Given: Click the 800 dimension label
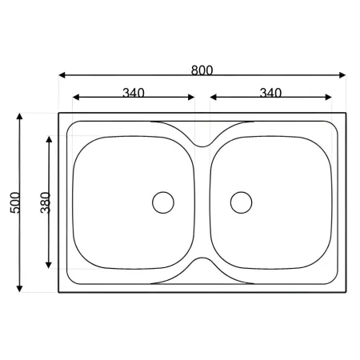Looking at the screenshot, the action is click(x=202, y=70).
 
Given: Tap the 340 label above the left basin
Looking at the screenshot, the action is click(x=134, y=93).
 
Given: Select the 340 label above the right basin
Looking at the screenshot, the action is click(x=270, y=93).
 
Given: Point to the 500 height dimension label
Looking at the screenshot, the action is click(x=15, y=202).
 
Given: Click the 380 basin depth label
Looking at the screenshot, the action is click(x=46, y=202).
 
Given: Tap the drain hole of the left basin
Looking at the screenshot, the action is click(x=163, y=202).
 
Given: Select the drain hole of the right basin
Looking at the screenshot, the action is click(x=241, y=202).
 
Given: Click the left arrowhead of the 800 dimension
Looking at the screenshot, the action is click(x=62, y=75).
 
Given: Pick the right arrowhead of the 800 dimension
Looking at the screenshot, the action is click(x=342, y=75).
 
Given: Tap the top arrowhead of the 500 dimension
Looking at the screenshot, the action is click(x=19, y=116).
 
